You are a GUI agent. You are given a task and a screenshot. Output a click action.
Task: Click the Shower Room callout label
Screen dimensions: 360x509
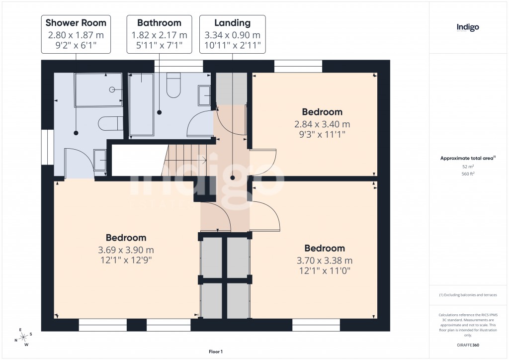[x=76, y=34]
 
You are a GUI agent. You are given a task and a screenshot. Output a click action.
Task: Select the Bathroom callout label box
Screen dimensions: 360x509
[x=159, y=34]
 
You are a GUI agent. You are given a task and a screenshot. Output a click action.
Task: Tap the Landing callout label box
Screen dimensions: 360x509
[x=232, y=34]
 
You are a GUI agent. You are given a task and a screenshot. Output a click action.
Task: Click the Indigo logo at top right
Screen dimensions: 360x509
[x=468, y=28]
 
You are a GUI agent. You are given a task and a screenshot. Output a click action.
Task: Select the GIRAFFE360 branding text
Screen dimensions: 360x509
[x=468, y=345]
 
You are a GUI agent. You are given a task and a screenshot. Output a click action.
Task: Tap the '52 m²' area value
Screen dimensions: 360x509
[x=468, y=167]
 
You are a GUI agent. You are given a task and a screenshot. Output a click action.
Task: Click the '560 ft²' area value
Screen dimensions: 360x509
[x=468, y=174]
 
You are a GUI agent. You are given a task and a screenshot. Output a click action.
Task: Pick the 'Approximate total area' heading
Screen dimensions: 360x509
[x=467, y=158]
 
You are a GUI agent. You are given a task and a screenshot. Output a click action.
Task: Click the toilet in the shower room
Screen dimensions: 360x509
[x=110, y=122]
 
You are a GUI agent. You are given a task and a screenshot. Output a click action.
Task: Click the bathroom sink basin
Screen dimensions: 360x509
[x=204, y=95]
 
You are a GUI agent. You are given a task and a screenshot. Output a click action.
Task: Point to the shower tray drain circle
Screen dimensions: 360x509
[x=112, y=90]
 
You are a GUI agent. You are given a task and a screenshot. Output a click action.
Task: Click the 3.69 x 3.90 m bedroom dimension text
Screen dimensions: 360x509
[x=126, y=250]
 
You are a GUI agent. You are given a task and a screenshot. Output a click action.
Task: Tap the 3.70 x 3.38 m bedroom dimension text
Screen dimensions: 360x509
[x=325, y=260]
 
